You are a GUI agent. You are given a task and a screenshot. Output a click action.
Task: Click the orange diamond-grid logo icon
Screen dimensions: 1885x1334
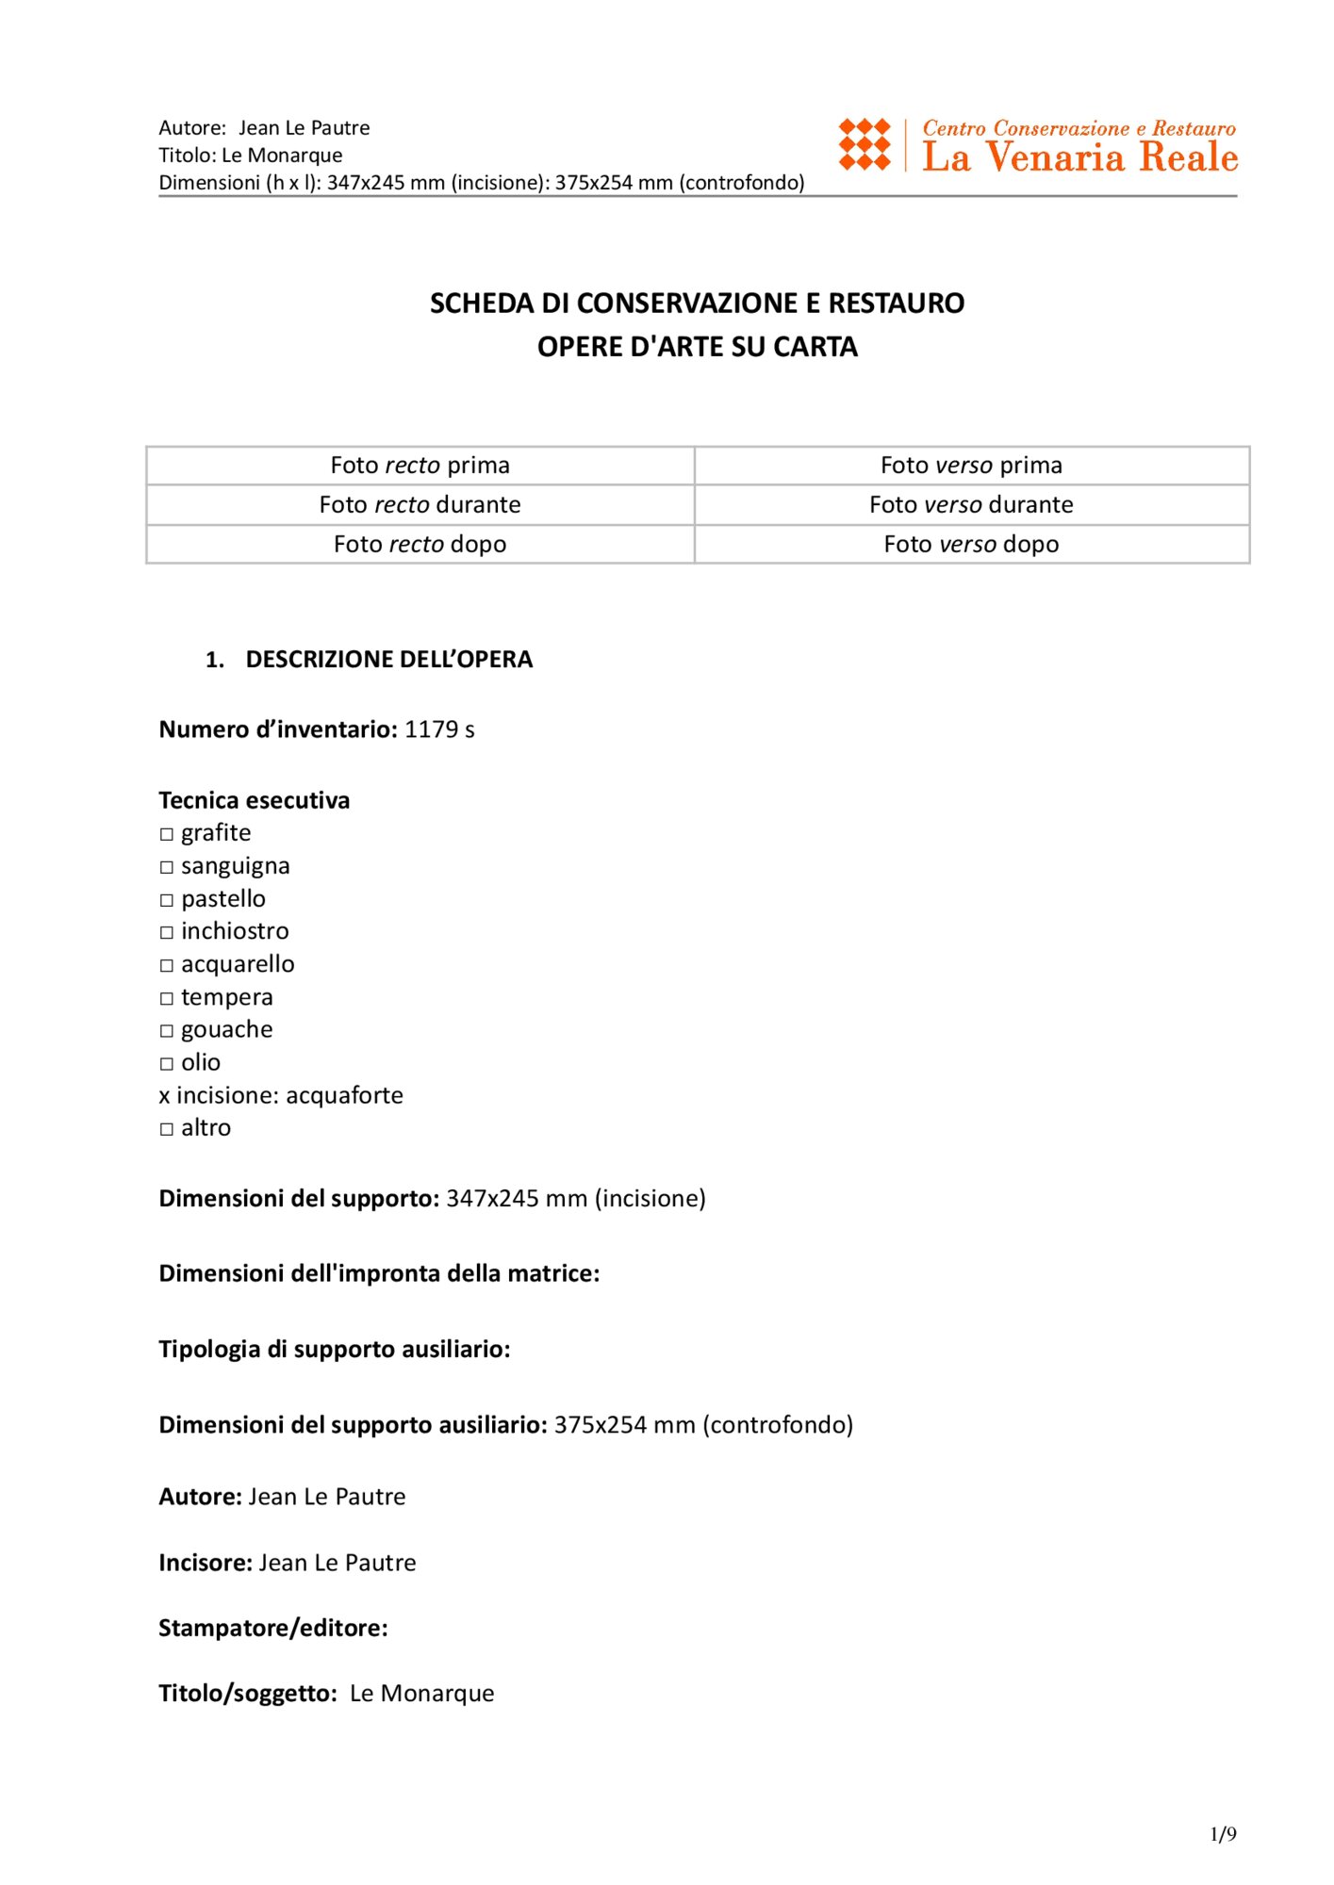point(865,144)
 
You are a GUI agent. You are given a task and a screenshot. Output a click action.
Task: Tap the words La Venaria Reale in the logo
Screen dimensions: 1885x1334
point(1079,157)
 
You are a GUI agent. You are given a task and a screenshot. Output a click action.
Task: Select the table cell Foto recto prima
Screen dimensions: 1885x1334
point(420,466)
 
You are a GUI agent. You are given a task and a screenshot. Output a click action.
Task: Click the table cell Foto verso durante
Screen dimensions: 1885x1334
point(971,505)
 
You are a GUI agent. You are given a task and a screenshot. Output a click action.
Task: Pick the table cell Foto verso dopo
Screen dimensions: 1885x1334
point(971,545)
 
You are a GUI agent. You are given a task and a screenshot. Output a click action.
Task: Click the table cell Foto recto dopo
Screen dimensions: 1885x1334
point(420,545)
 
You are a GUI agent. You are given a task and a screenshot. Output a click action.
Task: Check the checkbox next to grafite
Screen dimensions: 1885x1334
point(167,834)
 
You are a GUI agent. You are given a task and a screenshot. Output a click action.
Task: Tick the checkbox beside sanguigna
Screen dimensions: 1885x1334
point(167,867)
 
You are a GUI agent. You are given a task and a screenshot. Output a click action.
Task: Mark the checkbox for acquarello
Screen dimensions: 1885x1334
point(167,965)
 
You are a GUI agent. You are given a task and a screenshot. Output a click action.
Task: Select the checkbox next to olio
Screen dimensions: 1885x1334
point(167,1064)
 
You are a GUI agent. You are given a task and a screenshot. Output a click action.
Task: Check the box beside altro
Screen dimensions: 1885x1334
point(167,1129)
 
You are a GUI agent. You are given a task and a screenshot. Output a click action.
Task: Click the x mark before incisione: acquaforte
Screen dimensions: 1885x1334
point(165,1096)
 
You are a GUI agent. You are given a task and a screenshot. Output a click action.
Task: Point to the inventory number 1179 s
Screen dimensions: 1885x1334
point(439,729)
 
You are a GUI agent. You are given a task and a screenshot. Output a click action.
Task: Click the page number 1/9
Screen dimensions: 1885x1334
point(1223,1834)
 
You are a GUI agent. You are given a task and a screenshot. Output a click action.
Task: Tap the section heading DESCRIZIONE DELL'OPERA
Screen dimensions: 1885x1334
point(388,660)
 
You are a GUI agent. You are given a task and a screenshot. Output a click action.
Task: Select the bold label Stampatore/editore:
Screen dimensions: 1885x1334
point(273,1629)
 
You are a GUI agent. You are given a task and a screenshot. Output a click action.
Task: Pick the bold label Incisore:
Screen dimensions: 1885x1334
point(206,1563)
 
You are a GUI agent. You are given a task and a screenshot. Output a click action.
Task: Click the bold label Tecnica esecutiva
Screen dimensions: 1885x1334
point(255,800)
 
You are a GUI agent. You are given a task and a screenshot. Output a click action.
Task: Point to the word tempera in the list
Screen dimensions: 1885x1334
point(227,997)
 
